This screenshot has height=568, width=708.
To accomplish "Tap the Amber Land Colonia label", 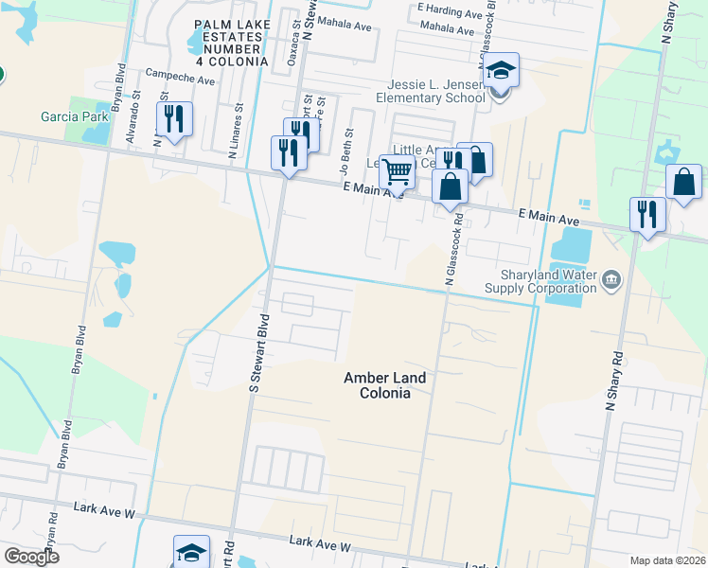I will pyautogui.click(x=383, y=385).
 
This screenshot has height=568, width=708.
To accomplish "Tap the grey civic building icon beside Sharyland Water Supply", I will pyautogui.click(x=611, y=279).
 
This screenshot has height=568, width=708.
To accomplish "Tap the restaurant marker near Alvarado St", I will pyautogui.click(x=173, y=120).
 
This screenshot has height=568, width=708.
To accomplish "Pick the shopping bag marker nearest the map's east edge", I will pyautogui.click(x=683, y=181).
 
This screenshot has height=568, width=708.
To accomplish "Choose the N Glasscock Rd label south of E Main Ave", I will pyautogui.click(x=449, y=257).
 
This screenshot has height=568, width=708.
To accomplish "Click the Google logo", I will pyautogui.click(x=32, y=557).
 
